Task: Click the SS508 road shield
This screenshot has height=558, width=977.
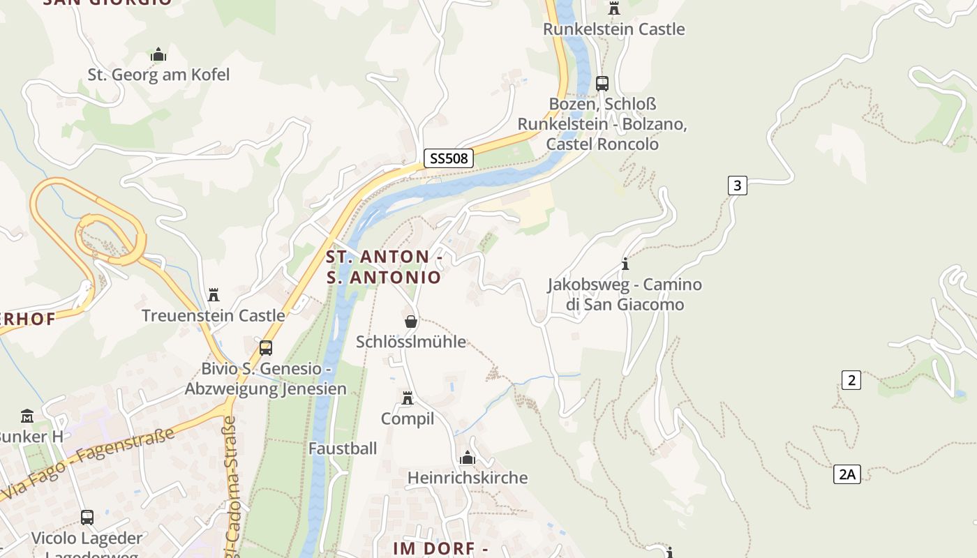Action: (448, 158)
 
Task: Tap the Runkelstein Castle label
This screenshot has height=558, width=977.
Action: (614, 29)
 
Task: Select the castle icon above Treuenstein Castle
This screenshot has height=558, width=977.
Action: (214, 295)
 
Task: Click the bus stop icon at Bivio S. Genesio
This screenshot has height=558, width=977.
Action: (266, 347)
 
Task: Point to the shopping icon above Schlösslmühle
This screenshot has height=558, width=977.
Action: (411, 322)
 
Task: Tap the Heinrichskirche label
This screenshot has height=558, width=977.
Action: (468, 478)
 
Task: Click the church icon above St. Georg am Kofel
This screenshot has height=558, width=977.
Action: (158, 54)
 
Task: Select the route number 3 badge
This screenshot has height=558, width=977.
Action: (737, 185)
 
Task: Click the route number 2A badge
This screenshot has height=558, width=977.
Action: (847, 474)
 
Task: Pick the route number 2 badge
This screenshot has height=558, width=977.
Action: (851, 380)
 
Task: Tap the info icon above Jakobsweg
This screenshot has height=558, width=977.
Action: (625, 264)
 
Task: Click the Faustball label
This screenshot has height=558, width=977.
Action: (343, 448)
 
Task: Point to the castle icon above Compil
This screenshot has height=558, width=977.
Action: (408, 398)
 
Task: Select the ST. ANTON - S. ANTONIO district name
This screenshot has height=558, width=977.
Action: (384, 267)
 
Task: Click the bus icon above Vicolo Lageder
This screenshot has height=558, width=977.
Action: (87, 517)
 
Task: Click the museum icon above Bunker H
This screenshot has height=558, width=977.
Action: (27, 416)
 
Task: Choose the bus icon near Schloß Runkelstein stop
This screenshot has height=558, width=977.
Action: (602, 83)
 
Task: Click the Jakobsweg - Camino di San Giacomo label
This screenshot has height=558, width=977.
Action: (625, 294)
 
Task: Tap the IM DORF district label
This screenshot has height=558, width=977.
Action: (440, 548)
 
